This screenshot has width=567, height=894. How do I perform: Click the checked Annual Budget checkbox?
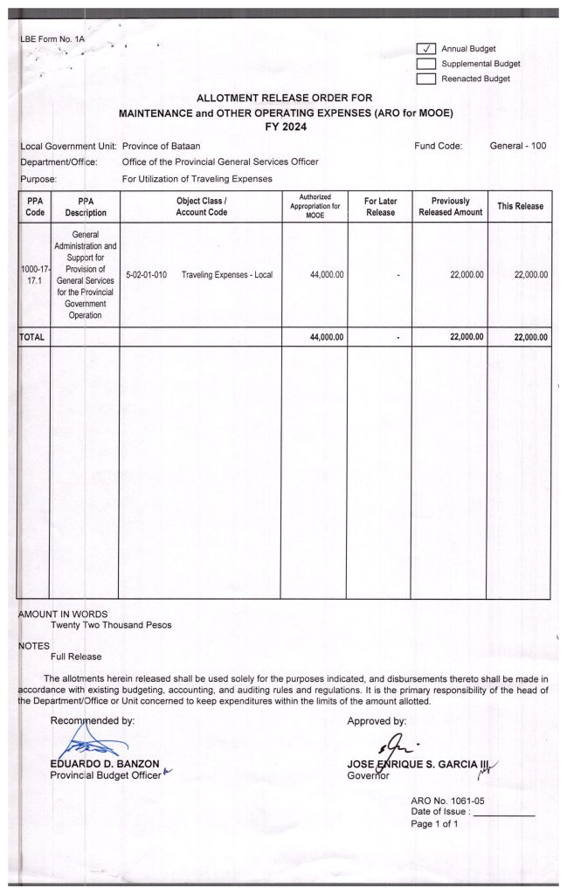coord(426,49)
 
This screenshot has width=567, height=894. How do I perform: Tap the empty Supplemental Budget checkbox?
coord(426,64)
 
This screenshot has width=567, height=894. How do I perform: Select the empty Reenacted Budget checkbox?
coord(426,79)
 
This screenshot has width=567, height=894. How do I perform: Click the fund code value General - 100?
coord(518,146)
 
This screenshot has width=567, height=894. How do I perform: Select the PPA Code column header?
coord(34,206)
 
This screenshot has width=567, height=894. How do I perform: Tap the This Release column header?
coord(520,206)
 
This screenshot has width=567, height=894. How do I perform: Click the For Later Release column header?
coord(380,206)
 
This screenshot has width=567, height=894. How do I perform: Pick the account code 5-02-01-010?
coord(146,275)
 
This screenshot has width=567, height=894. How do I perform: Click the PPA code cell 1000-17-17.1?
coord(34,275)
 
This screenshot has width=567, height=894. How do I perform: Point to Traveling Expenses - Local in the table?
coord(227,275)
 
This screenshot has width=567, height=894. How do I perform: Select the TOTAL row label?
coord(32,337)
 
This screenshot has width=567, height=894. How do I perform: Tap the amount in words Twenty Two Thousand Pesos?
coord(111,625)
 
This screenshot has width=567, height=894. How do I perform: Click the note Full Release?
coord(76,657)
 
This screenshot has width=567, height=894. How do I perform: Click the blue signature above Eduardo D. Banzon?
coord(91,746)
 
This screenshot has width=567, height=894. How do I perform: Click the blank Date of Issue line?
coord(502,813)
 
